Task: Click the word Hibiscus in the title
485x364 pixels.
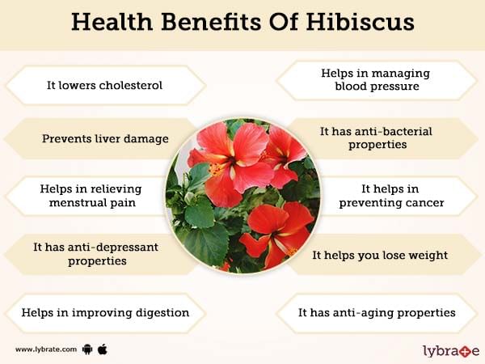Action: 361,22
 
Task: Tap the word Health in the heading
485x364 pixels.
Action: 112,22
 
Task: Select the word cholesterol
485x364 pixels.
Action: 130,85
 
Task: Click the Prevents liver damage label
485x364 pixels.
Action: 105,138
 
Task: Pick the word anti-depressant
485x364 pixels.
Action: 112,247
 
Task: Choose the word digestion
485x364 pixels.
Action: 162,312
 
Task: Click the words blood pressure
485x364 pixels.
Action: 377,86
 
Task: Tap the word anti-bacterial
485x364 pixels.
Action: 393,131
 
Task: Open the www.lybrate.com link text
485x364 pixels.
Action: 46,349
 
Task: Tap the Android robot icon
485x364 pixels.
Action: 87,349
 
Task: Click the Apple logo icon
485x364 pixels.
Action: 103,349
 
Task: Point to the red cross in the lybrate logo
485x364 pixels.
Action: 465,352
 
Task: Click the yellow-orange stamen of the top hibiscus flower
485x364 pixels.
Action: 216,169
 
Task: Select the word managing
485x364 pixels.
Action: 401,74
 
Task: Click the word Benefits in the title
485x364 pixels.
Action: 211,22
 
